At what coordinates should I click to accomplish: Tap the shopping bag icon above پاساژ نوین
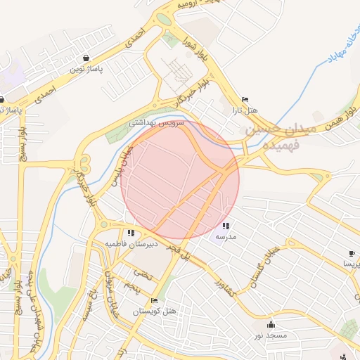[x=86, y=58]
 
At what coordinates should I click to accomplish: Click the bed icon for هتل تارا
[x=245, y=100]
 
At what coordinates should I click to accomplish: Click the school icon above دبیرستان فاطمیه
[x=131, y=233]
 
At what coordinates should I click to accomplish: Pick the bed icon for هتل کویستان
[x=154, y=301]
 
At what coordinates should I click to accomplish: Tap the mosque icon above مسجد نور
[x=271, y=325]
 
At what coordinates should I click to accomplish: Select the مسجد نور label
[x=271, y=335]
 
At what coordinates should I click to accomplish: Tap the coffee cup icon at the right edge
[x=354, y=252]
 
